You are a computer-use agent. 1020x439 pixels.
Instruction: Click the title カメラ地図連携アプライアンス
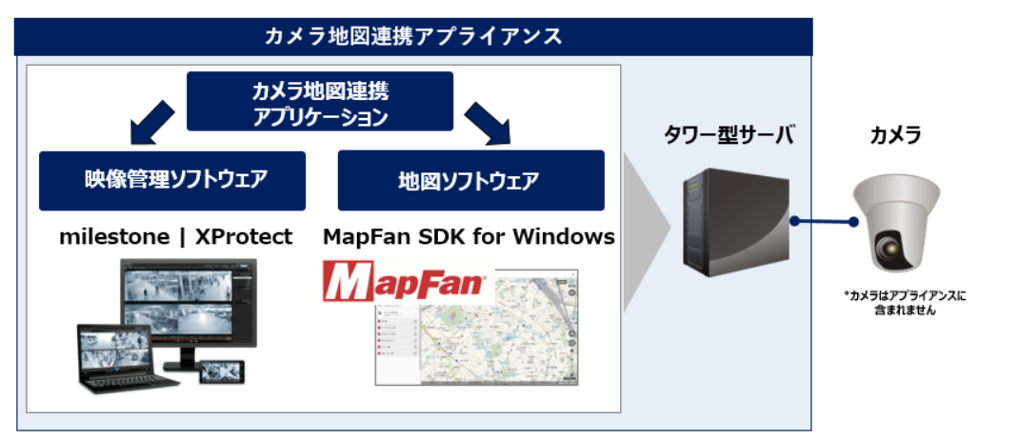coord(413,37)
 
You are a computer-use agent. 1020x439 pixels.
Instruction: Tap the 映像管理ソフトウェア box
coord(171,180)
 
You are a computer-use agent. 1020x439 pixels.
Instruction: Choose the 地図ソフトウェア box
coord(470,180)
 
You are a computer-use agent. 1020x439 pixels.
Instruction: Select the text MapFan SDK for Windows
coord(469,237)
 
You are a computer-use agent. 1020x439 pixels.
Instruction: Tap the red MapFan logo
coord(404,283)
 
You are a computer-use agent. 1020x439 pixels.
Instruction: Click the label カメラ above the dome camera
coord(895,136)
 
